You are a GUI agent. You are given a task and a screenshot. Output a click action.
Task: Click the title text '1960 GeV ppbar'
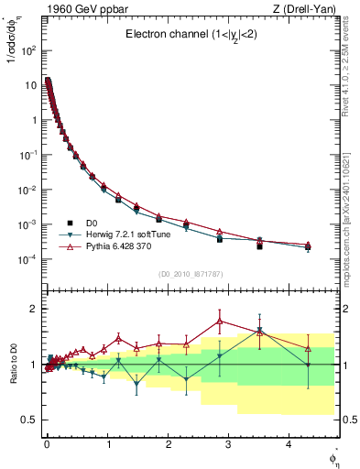click(80, 10)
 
